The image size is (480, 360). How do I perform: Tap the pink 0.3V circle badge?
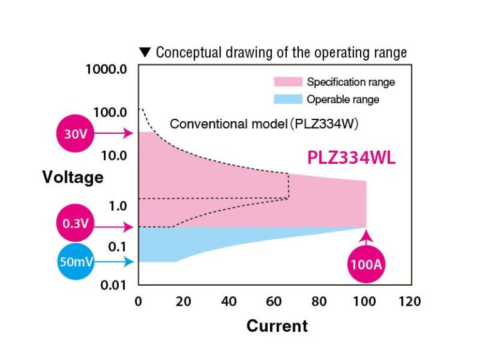(x=75, y=222)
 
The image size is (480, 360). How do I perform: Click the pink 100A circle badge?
(x=366, y=262)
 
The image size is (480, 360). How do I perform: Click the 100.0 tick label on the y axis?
(x=111, y=112)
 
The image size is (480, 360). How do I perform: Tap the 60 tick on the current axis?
(x=274, y=302)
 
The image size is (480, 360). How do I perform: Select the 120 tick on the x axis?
(x=409, y=302)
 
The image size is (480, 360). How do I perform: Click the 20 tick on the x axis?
(x=184, y=302)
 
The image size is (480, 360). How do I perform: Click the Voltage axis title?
(x=72, y=177)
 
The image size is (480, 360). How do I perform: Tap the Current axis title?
(x=277, y=326)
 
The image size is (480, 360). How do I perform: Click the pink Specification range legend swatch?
(x=287, y=82)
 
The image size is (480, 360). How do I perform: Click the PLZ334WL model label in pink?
(x=351, y=159)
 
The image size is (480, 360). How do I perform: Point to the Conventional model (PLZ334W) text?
(x=264, y=124)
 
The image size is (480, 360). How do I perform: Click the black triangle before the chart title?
(x=145, y=52)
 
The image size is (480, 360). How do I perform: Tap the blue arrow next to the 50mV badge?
(x=115, y=262)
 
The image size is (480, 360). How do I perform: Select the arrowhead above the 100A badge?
(x=366, y=236)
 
